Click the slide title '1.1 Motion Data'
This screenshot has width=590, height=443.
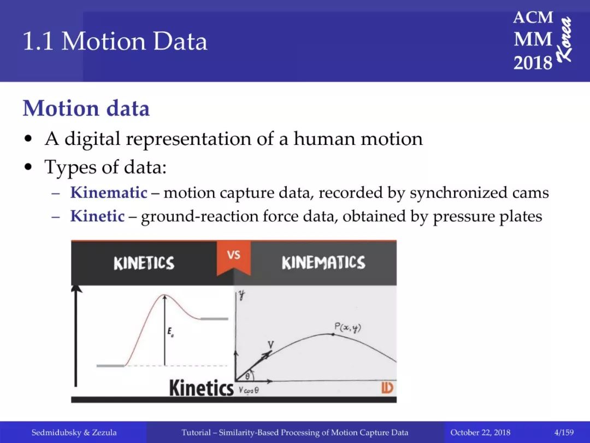115,41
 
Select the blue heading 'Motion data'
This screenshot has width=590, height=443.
86,108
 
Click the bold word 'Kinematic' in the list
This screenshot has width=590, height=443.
108,193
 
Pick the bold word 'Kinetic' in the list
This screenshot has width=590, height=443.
97,216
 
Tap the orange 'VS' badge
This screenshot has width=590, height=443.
234,258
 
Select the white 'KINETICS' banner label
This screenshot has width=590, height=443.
144,263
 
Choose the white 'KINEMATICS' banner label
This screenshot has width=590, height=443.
323,263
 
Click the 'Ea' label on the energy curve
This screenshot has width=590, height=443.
170,332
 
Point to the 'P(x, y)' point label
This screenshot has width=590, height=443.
347,328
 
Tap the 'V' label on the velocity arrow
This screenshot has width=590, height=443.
270,345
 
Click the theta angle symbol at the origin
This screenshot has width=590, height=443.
247,376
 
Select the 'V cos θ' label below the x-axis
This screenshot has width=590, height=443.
249,390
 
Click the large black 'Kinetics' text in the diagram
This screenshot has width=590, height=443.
201,388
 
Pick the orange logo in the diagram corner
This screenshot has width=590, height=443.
387,388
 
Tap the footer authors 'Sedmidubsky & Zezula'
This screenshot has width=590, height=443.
74,433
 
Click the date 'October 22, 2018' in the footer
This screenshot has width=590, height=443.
480,433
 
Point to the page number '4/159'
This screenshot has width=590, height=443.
564,433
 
